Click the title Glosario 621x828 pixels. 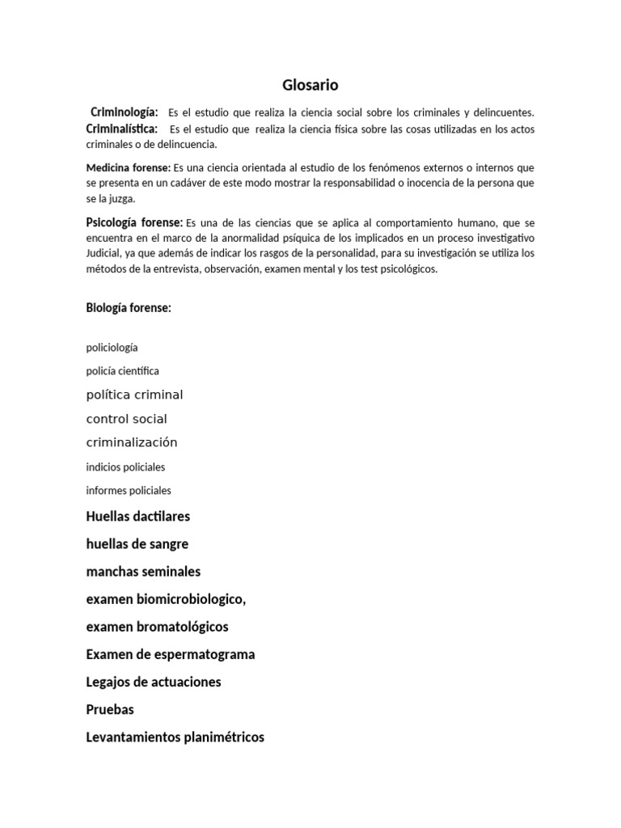point(310,85)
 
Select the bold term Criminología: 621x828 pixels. point(124,112)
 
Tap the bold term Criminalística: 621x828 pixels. point(121,129)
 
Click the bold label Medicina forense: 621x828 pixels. point(128,168)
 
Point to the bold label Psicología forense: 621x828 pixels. point(134,222)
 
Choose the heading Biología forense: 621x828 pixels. point(129,307)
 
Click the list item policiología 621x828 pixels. point(112,348)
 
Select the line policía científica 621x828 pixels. point(122,371)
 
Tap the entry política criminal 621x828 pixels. point(134,395)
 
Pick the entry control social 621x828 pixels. point(126,419)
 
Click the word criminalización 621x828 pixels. point(131,442)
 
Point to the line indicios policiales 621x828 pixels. point(125,467)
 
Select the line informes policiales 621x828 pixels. point(129,490)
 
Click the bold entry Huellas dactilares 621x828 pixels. point(137,516)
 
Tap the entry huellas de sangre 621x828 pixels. point(137,544)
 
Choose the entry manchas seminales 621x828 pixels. point(143,572)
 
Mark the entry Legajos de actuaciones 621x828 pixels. point(153,682)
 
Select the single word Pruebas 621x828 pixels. point(110,709)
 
